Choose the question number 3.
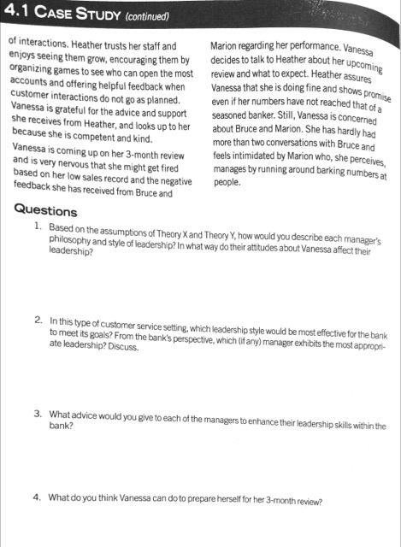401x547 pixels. click(x=38, y=412)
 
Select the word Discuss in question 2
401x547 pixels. click(x=120, y=346)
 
